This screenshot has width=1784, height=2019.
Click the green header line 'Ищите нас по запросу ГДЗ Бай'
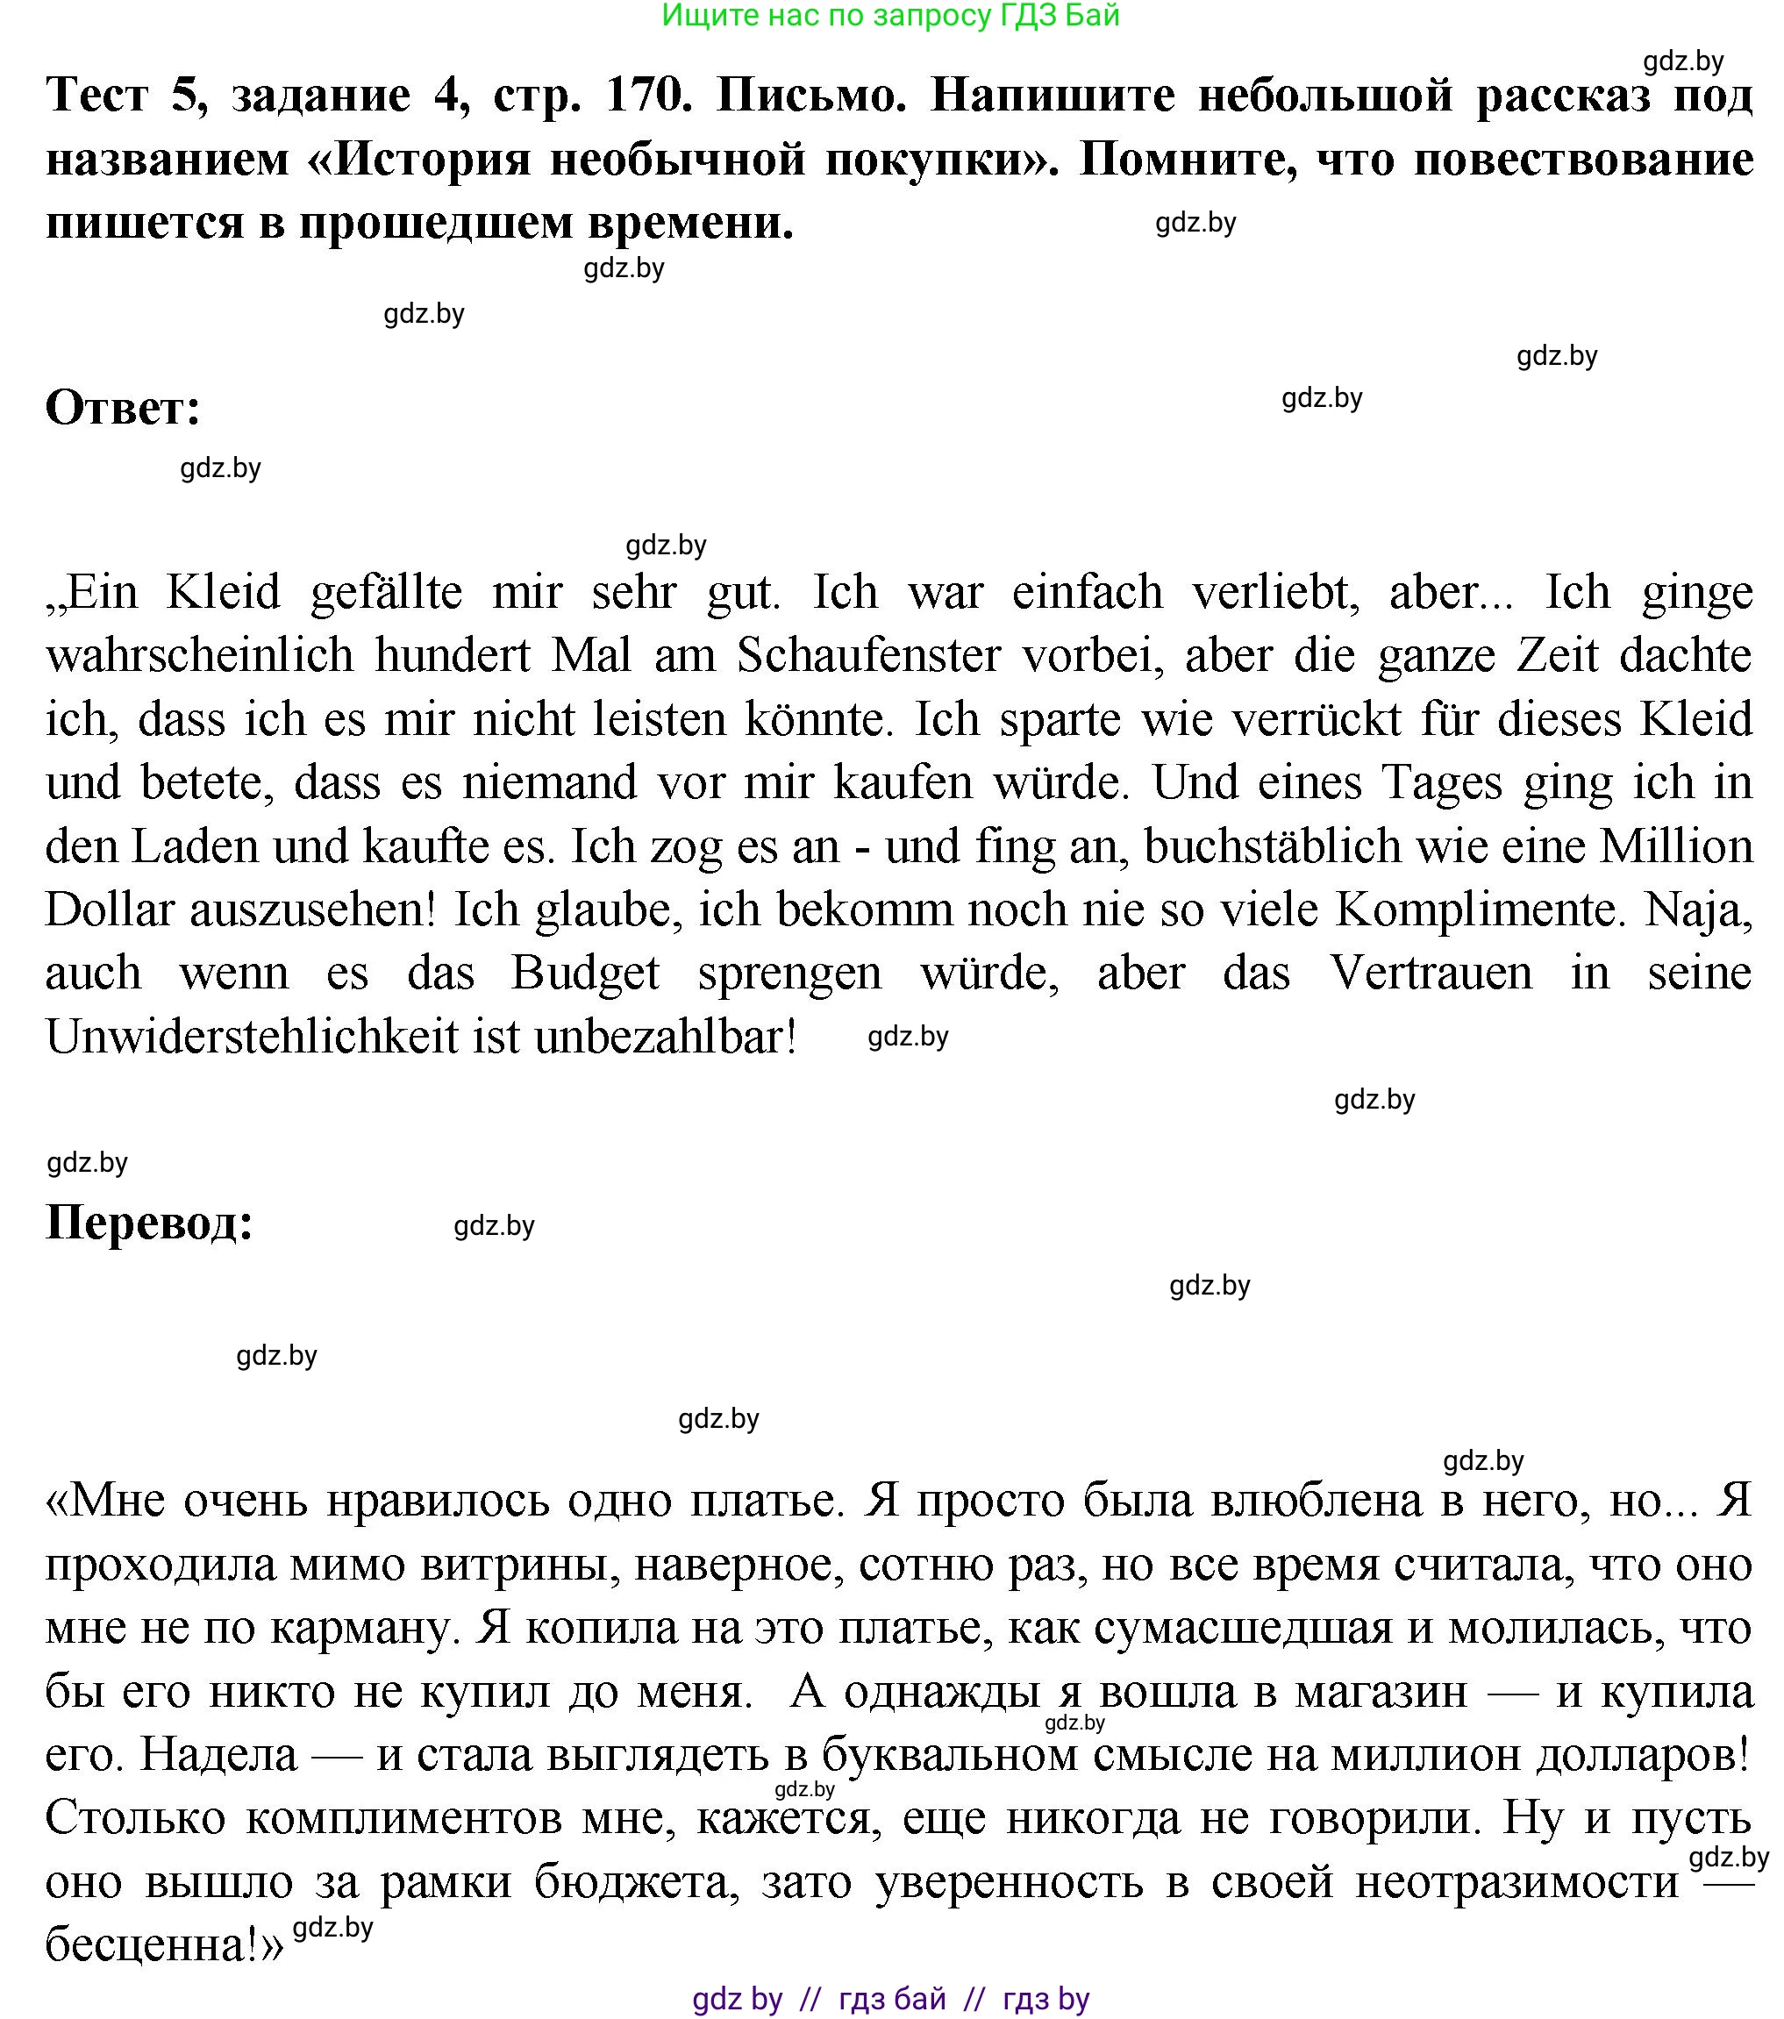pos(890,16)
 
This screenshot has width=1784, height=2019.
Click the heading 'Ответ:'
pos(124,408)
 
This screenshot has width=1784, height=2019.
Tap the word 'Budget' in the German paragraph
pos(585,973)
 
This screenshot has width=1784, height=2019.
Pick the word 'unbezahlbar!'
pos(665,1038)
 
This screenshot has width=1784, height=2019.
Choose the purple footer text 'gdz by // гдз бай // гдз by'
pos(890,1998)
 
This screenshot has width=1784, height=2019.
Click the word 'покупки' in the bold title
pos(938,160)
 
